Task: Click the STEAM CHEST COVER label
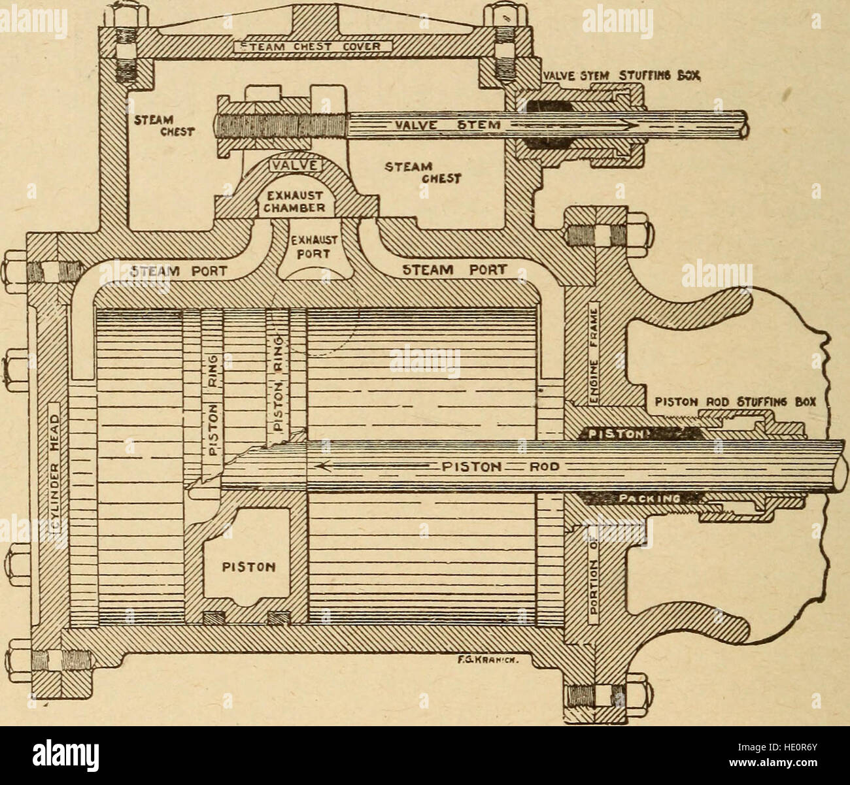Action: (x=312, y=46)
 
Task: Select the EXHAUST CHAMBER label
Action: (x=294, y=199)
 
